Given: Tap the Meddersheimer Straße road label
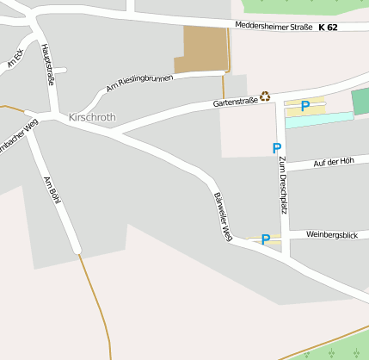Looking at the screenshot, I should coord(273,28).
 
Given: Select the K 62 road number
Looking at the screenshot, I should coord(328,28).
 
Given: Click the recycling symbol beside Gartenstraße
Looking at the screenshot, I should coord(266,96).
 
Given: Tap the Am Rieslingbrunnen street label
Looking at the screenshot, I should coord(139,83).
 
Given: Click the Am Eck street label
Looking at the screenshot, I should coord(15,59).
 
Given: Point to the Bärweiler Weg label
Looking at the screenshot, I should coord(223,215).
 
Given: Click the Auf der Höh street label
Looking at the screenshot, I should coord(334,161).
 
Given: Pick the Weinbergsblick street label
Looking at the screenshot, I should coord(331,234).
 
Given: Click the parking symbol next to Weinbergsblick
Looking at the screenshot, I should coord(266,239).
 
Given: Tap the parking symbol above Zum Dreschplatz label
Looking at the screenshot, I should coord(277,148).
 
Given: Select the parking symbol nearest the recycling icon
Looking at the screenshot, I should coord(304,107).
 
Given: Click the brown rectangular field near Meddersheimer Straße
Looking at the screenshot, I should coord(200,49).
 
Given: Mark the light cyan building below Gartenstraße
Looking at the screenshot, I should coord(318,120).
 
